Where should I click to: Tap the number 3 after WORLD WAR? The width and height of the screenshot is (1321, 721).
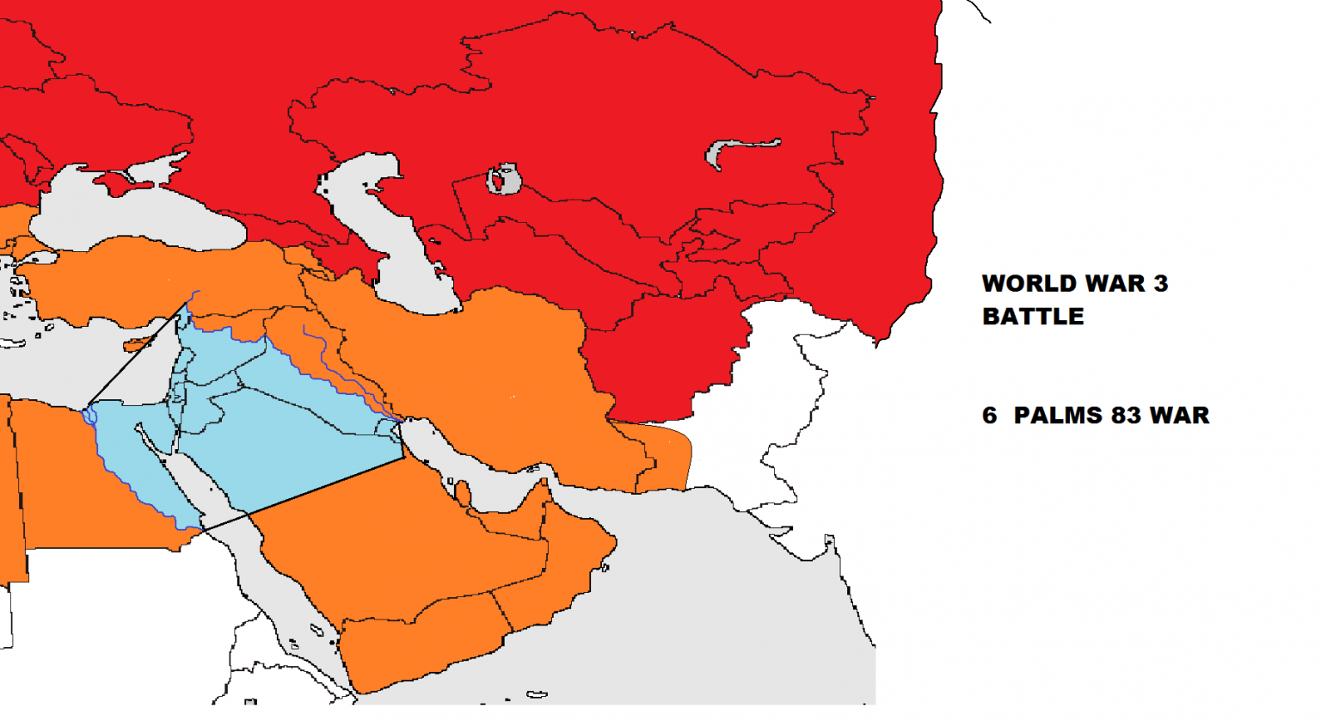click(1161, 284)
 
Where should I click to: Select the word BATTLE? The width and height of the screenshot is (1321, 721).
click(1033, 317)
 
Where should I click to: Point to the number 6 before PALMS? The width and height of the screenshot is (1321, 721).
click(990, 416)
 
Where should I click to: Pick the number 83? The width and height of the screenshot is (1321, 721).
click(1126, 416)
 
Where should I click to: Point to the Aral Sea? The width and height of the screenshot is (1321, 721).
click(504, 180)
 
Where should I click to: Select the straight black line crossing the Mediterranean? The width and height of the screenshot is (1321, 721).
click(138, 353)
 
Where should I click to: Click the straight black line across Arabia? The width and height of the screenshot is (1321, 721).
click(327, 484)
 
